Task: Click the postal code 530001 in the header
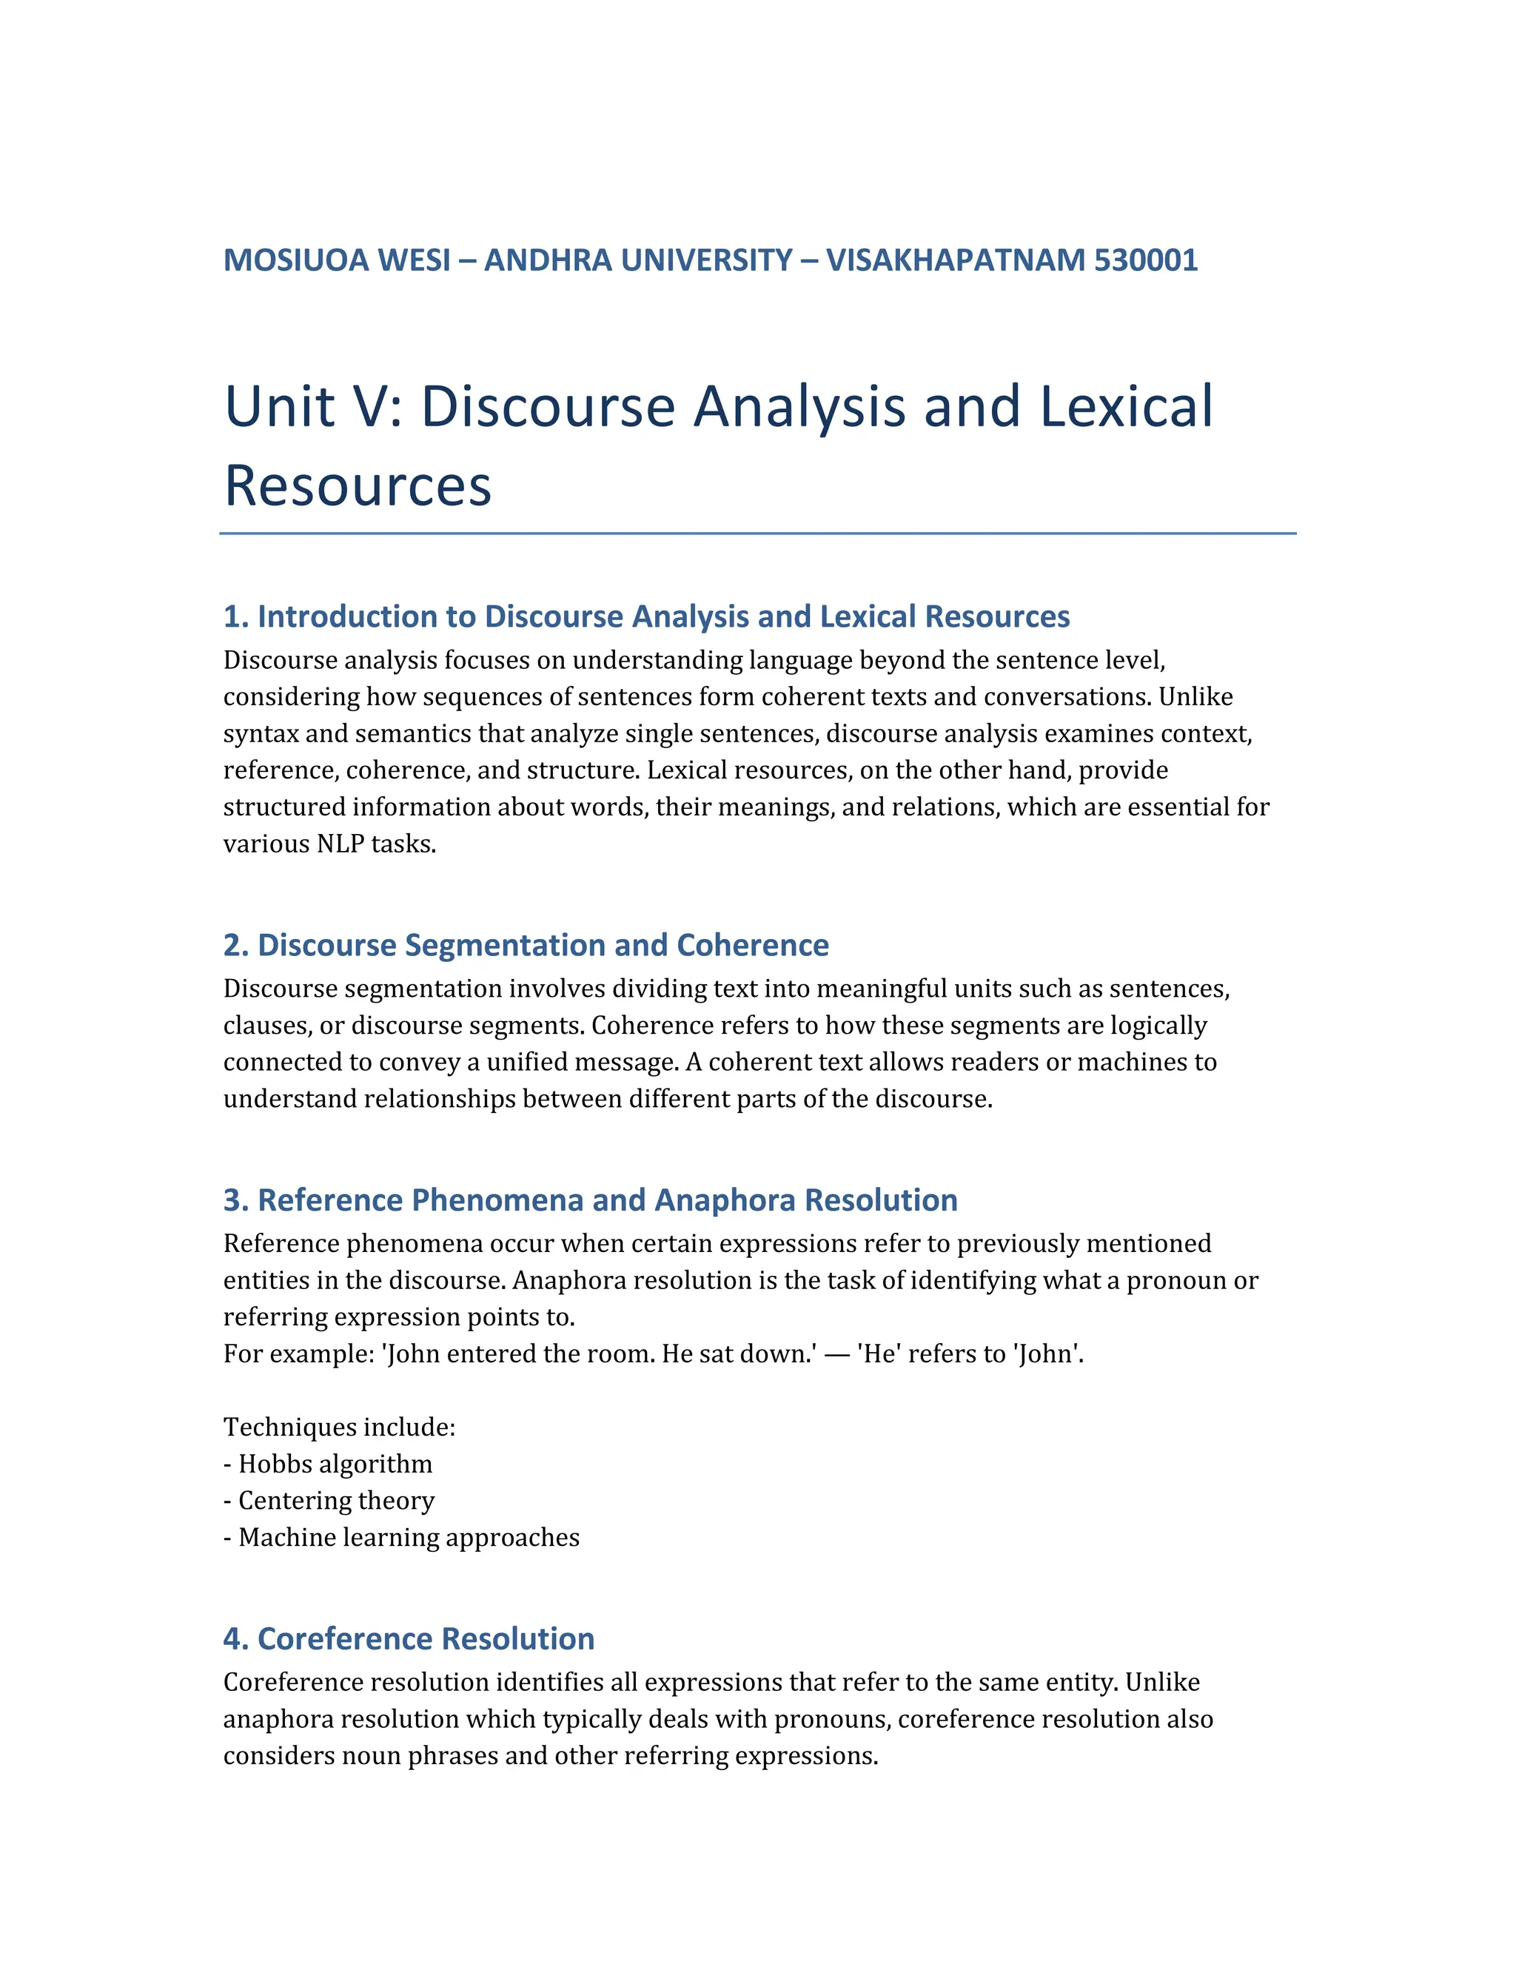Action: pos(1145,260)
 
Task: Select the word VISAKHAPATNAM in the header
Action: pos(956,260)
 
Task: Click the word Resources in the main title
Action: pos(358,485)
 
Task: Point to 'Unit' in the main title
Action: pos(279,407)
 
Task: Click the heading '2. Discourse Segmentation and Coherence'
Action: pos(526,946)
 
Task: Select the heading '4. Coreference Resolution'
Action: pos(409,1638)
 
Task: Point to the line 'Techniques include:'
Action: pos(340,1427)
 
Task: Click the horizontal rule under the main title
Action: pos(757,534)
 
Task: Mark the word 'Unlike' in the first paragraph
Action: pos(1195,698)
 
